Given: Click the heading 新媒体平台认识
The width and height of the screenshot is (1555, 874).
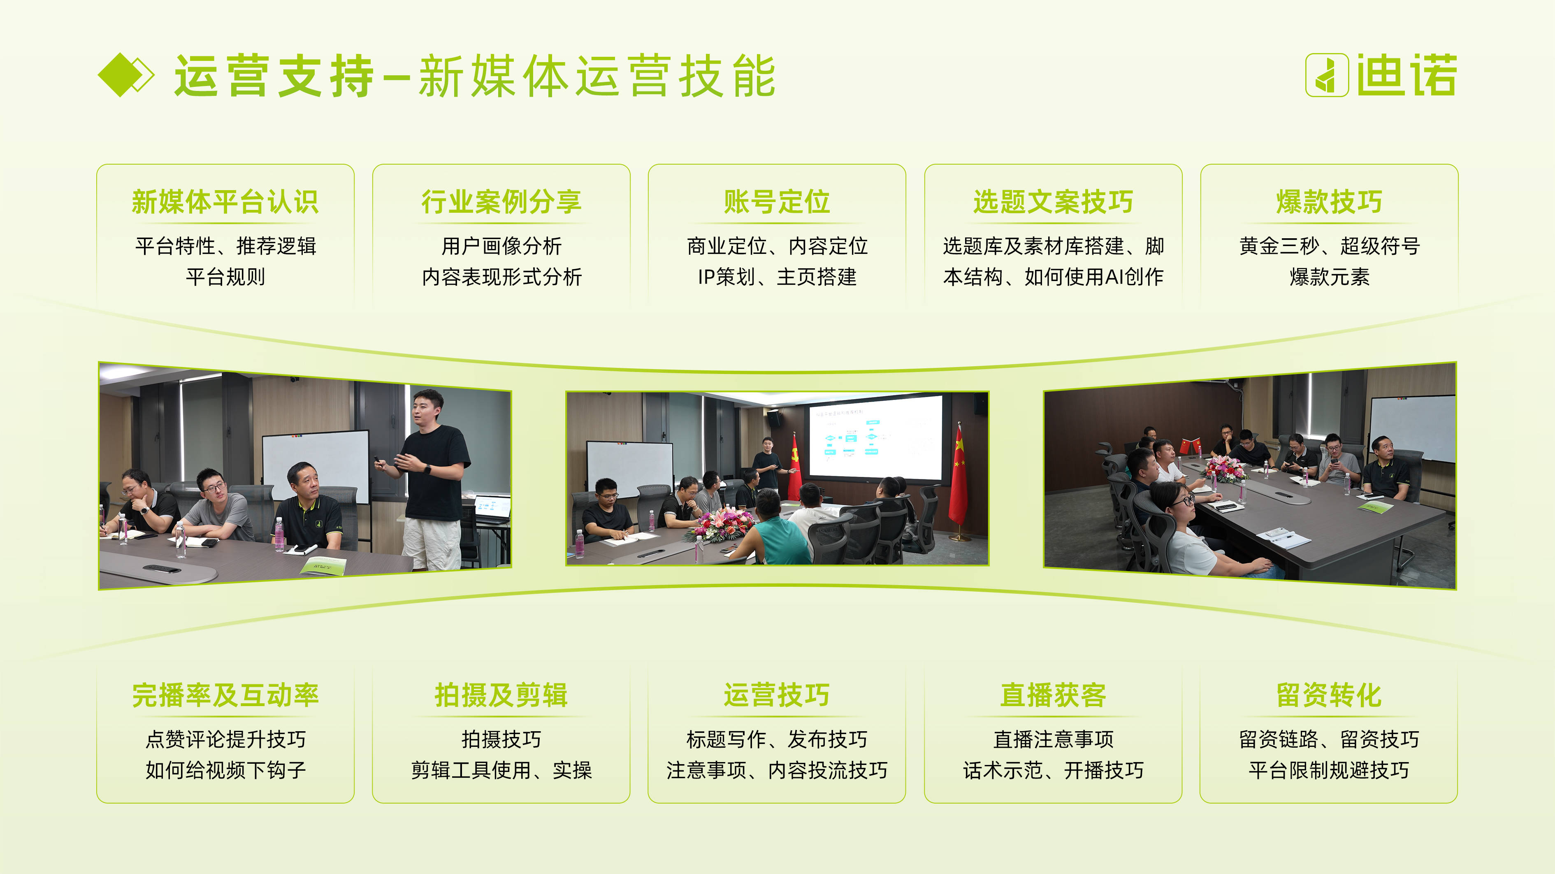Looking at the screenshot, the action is [225, 202].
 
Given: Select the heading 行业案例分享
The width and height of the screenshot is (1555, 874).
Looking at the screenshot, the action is [501, 202].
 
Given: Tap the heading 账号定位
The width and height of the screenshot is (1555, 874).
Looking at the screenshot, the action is [777, 202].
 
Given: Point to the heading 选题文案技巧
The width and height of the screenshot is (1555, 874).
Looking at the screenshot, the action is [1053, 202].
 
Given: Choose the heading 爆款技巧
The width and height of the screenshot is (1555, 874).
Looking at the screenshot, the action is [1329, 202].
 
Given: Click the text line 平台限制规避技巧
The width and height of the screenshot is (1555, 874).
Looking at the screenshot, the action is [1329, 770].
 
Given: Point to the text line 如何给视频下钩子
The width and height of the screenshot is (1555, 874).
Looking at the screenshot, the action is [225, 770].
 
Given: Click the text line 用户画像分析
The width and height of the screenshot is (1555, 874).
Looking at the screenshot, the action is [501, 246].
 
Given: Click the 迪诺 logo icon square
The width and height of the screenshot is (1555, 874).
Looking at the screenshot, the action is [1327, 75].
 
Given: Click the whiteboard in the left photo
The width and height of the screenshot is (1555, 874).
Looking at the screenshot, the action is [316, 466].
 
